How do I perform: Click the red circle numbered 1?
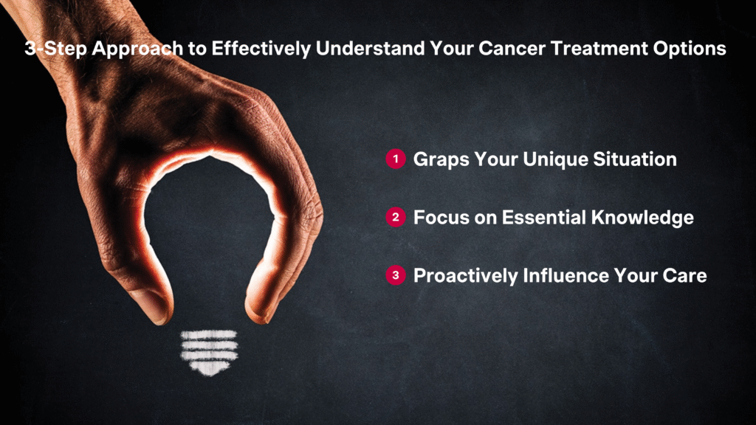[x=396, y=159]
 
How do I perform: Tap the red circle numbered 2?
[x=396, y=218]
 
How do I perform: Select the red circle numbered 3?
[x=396, y=276]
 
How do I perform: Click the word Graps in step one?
[x=441, y=160]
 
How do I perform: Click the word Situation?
[x=634, y=159]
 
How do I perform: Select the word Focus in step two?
[x=441, y=218]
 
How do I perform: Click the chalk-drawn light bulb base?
[x=209, y=353]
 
